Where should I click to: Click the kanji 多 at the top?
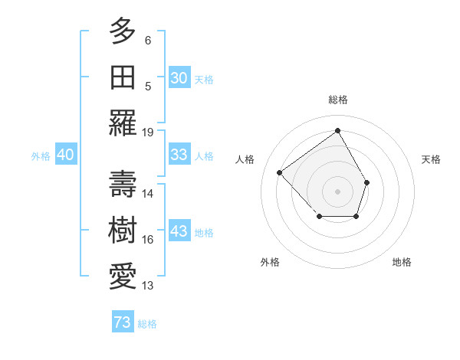coord(123,31)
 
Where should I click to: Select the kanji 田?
coord(123,77)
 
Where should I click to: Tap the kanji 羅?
coord(123,123)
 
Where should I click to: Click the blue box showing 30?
coord(179,77)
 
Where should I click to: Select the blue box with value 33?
coord(179,155)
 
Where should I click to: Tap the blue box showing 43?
coord(179,231)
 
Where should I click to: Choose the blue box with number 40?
coord(65,155)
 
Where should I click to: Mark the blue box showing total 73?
coord(123,322)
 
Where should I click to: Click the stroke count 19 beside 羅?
coord(148,132)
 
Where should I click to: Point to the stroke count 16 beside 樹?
coord(148,240)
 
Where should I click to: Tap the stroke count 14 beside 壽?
coord(148,194)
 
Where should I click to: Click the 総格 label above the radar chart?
coord(338,100)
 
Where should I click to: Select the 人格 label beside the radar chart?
coord(245,159)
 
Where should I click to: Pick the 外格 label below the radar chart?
coord(270,262)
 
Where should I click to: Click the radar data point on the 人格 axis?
coord(280,173)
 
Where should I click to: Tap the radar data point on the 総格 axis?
coord(338,130)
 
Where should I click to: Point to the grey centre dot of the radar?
coord(338,191)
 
